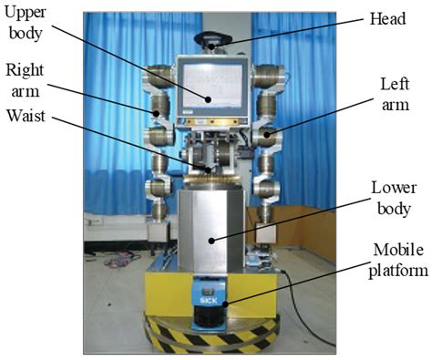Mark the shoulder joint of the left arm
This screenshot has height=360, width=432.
(x=265, y=77)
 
